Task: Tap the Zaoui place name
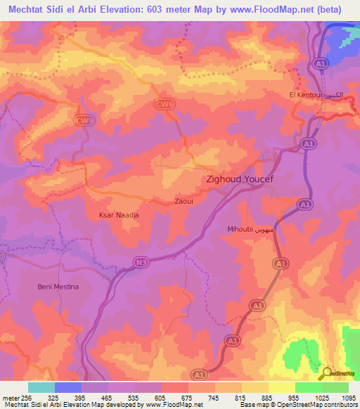click(184, 201)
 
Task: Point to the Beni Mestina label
click(58, 287)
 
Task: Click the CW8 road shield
click(84, 122)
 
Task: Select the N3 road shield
click(143, 262)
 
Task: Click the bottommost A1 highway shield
click(201, 374)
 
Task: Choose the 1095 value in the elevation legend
click(347, 398)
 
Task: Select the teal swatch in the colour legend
click(41, 387)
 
